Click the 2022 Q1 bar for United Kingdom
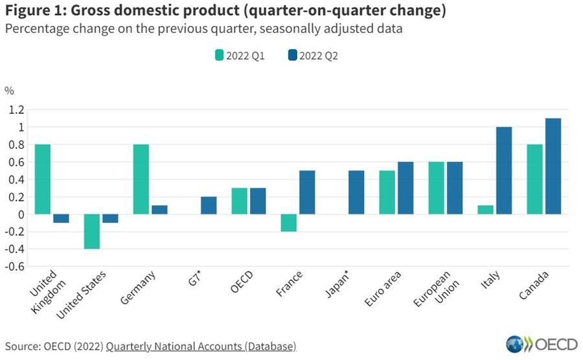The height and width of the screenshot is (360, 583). click(43, 179)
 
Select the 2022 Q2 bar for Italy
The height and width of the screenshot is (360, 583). click(503, 170)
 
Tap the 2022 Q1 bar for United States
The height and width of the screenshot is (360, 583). click(92, 231)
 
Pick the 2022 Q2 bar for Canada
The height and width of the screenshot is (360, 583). click(553, 166)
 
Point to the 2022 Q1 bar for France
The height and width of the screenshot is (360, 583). click(289, 223)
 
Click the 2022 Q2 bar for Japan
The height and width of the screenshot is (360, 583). click(356, 192)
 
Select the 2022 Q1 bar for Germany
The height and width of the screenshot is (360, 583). click(141, 179)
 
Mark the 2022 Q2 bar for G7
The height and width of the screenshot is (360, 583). click(209, 205)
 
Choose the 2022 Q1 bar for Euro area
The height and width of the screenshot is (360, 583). click(387, 192)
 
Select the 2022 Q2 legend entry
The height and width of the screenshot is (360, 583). click(314, 56)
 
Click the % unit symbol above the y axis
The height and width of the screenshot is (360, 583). click(10, 90)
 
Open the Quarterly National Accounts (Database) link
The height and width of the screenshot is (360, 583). click(201, 346)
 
